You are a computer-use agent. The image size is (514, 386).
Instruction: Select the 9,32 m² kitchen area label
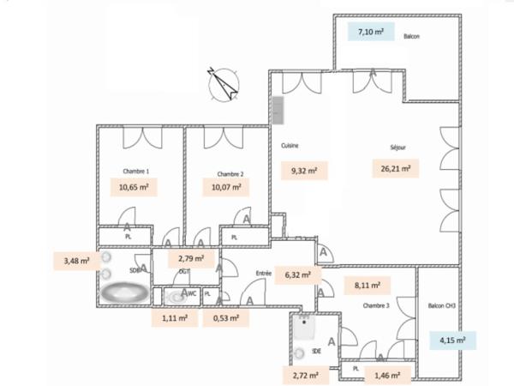tap(303, 171)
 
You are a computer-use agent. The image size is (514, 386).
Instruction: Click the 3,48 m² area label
tap(77, 261)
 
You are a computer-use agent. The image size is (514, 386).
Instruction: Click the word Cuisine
tap(290, 146)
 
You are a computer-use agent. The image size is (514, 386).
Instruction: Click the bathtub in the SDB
tap(125, 293)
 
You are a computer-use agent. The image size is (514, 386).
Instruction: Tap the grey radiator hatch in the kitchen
tap(278, 108)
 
